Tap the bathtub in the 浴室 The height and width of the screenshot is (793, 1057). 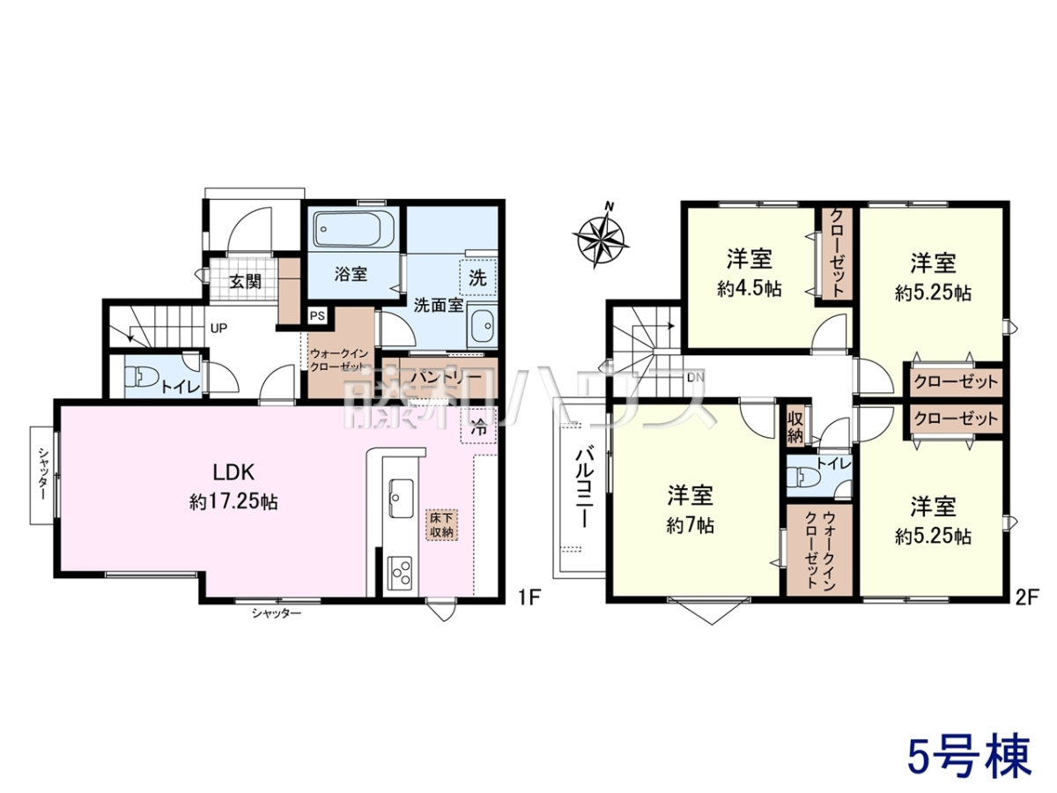click(x=354, y=230)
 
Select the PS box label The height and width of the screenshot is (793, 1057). click(x=317, y=316)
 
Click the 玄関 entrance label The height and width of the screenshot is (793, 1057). click(x=245, y=281)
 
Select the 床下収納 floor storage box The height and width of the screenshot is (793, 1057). click(x=440, y=525)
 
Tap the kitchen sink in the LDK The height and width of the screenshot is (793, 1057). click(x=401, y=498)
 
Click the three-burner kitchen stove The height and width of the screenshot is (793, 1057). click(x=400, y=572)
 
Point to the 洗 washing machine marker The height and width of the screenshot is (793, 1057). click(x=477, y=278)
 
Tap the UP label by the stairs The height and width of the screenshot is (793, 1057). click(x=218, y=329)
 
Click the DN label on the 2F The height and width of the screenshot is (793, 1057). click(x=696, y=377)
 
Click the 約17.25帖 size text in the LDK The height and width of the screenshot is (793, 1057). click(x=233, y=503)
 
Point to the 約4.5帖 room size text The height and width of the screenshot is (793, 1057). click(x=750, y=288)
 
